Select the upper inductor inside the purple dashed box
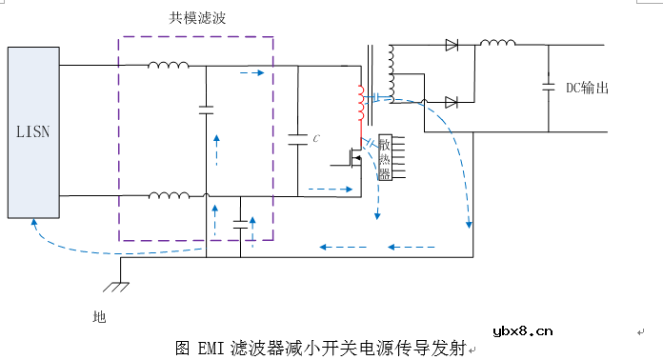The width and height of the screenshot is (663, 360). click(x=169, y=66)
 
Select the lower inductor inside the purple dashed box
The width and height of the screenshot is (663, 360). click(x=169, y=196)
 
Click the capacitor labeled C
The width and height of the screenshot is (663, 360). click(x=298, y=139)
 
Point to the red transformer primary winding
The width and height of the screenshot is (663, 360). click(x=360, y=105)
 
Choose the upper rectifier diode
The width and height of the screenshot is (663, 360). click(x=452, y=45)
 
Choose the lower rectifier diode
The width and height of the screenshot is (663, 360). click(x=452, y=102)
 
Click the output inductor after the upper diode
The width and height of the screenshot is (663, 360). click(x=497, y=43)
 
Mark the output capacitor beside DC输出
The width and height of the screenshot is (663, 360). click(x=549, y=87)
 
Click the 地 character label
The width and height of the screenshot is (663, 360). click(x=100, y=315)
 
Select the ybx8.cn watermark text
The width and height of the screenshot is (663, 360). click(x=523, y=331)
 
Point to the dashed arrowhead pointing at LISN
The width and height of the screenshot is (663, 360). click(x=34, y=222)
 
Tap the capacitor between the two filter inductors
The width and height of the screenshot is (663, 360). click(x=206, y=110)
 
